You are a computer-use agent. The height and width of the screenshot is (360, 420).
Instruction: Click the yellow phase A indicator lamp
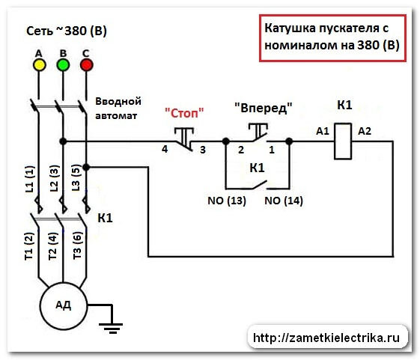[40, 64]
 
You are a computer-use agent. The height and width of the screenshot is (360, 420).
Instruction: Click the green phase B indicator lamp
[63, 64]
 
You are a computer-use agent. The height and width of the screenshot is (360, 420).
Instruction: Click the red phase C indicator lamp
[86, 64]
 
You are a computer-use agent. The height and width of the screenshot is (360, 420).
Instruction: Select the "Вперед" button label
[262, 107]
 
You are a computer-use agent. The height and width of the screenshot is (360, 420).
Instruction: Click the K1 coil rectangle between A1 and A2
[344, 141]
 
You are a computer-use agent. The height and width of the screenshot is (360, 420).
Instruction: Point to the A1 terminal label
[323, 131]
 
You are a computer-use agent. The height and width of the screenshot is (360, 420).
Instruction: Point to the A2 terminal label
[365, 131]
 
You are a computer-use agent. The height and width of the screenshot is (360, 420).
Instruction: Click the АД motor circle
[63, 305]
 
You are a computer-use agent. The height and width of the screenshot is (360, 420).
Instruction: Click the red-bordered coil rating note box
[333, 37]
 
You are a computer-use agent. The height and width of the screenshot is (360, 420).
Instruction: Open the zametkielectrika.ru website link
[330, 338]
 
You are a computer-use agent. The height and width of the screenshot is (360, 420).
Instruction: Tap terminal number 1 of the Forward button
[272, 150]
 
